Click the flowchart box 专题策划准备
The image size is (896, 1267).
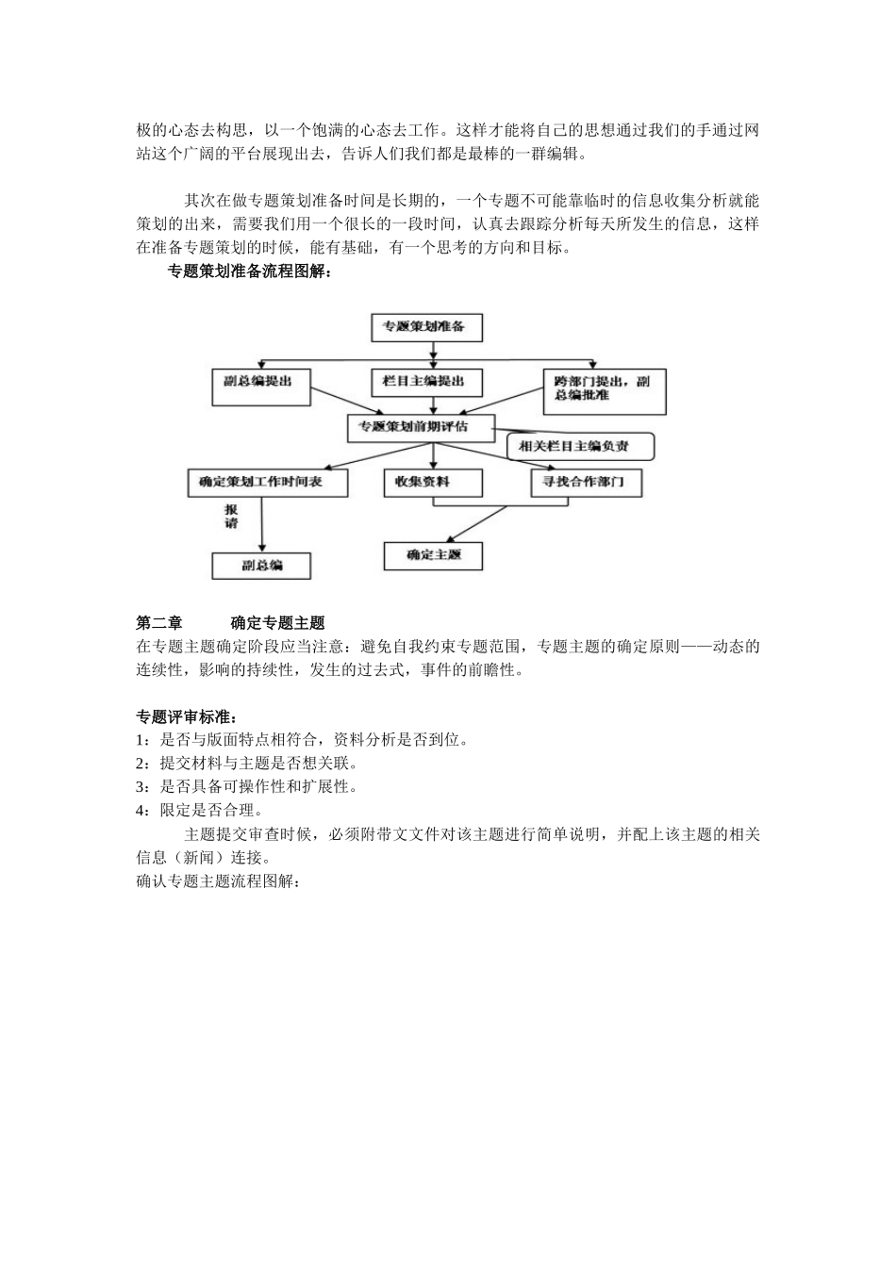coord(426,327)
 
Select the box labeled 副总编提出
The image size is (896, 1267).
coord(260,386)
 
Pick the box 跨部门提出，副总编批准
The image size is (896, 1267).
coord(604,389)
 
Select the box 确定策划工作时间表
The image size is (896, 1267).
coord(268,482)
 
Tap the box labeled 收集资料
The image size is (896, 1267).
coord(432,482)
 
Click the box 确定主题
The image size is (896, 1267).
coord(433,555)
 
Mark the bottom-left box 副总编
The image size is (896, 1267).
coord(261,565)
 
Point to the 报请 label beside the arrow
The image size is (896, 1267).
coord(231,516)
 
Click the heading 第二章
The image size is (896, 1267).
coord(159,623)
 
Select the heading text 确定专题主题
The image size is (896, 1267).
coord(277,623)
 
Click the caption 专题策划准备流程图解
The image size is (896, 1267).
coord(249,272)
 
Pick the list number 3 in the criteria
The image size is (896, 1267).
coord(141,787)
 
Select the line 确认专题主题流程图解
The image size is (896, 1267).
coord(218,882)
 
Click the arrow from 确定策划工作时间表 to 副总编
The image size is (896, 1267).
coord(261,523)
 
